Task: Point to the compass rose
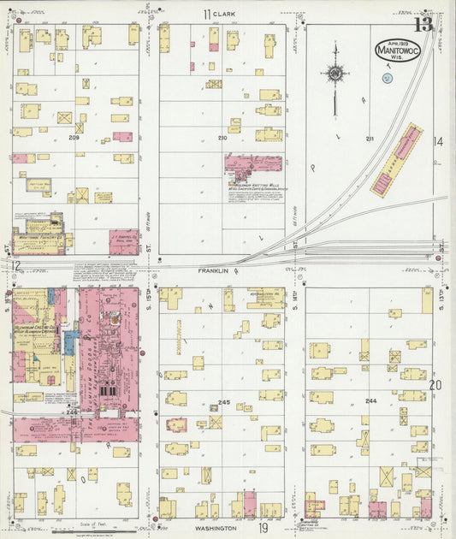pos(335,74)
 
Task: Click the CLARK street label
pos(224,15)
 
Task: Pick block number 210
pos(222,137)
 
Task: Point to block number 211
pos(370,138)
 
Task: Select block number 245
pos(225,402)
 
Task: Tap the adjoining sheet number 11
pos(206,15)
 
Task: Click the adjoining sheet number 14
pos(438,142)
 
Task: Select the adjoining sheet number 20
pos(436,385)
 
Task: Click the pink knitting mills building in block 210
pos(252,164)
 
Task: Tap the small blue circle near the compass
pos(387,78)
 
